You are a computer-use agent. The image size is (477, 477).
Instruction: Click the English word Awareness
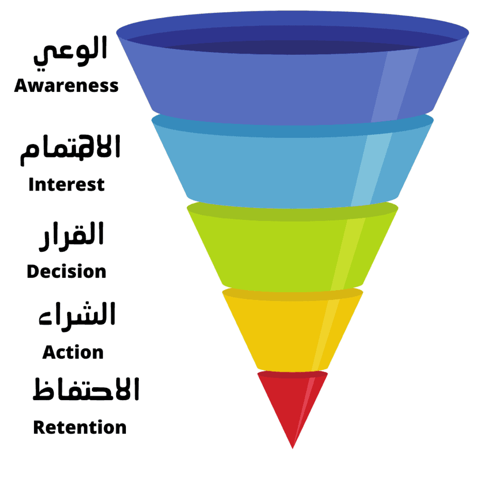click(x=66, y=86)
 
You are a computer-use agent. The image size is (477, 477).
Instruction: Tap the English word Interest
click(x=67, y=184)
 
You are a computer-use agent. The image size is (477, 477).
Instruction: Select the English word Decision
click(x=67, y=272)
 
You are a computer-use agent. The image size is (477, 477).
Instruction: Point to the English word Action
click(x=73, y=353)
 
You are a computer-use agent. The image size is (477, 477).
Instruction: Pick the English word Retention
click(x=79, y=427)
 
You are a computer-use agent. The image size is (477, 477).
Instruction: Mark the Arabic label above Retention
click(x=86, y=390)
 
